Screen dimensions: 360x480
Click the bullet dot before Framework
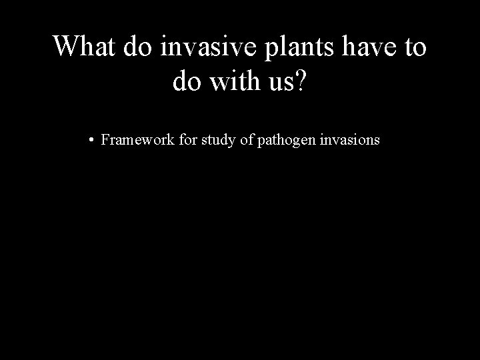coord(89,141)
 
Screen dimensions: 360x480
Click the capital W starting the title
coord(65,47)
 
